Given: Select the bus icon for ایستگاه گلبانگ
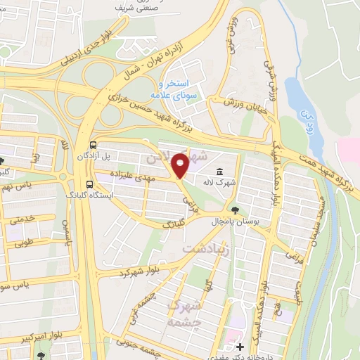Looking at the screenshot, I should [89, 185].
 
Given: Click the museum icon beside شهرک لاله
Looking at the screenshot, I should [221, 172].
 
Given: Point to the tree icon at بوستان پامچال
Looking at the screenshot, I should [234, 210].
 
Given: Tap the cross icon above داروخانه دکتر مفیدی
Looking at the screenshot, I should [240, 347].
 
